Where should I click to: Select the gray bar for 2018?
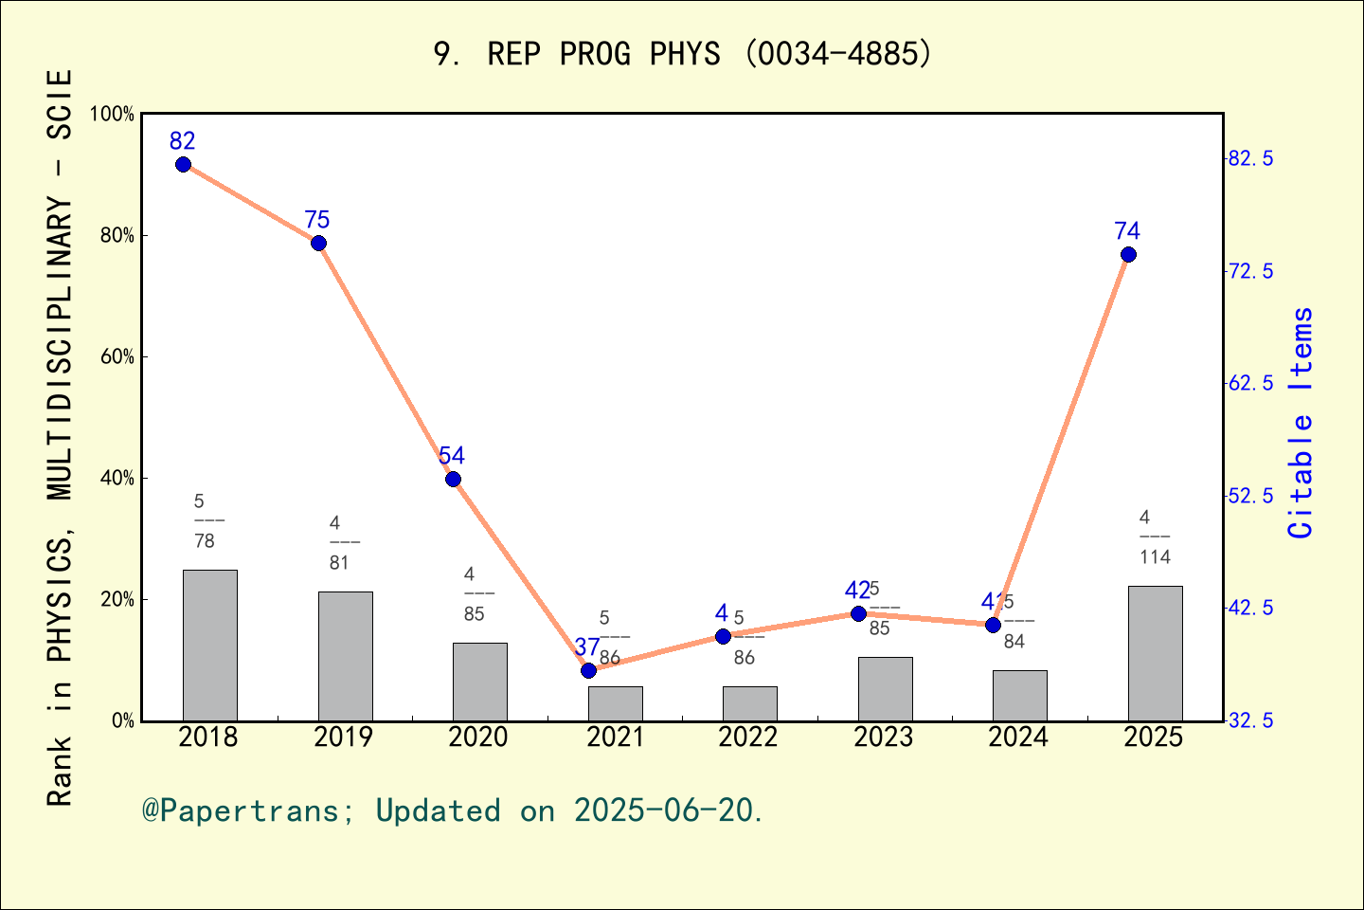pos(209,645)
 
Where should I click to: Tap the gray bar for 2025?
pos(1155,653)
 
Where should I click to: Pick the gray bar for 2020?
pos(479,682)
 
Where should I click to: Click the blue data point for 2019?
pos(318,243)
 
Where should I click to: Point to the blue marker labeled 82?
pos(183,164)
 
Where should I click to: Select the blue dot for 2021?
pos(588,670)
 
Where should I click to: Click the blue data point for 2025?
pos(1128,254)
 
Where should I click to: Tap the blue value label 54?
pos(452,456)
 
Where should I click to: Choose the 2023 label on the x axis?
pos(883,737)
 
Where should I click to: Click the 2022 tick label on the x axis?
pos(747,737)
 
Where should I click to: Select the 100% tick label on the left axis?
pos(111,114)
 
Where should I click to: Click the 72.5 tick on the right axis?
pos(1250,271)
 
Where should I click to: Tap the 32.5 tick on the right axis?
pos(1250,721)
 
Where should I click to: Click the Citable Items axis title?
pos(1301,423)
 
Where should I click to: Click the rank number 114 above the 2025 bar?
pos(1155,557)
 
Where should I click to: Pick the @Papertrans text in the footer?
pos(241,810)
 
